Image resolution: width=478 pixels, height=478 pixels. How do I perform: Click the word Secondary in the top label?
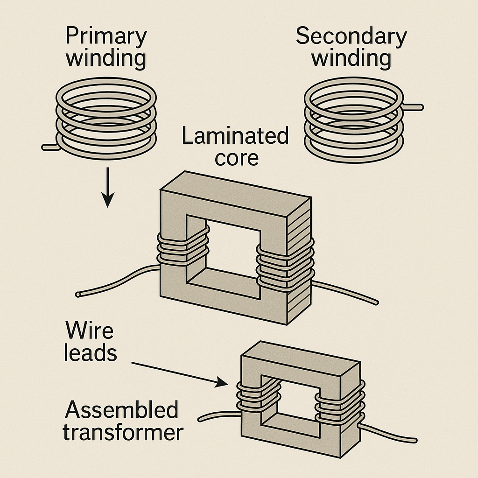(351, 36)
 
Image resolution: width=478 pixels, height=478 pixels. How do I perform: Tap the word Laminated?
(235, 137)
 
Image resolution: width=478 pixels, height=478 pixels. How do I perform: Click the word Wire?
(89, 330)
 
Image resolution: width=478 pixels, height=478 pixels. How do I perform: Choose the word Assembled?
(121, 410)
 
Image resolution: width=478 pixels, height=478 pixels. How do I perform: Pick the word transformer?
(123, 433)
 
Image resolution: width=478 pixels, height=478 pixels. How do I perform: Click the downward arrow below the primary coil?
(108, 187)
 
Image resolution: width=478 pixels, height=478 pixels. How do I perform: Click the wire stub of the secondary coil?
(414, 108)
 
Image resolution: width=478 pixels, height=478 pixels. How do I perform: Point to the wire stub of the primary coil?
(49, 147)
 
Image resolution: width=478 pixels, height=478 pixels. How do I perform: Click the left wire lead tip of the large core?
(78, 295)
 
